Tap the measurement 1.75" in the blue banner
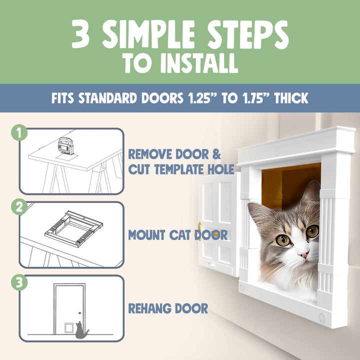[256, 98]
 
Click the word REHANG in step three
[148, 308]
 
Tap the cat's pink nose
[303, 255]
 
